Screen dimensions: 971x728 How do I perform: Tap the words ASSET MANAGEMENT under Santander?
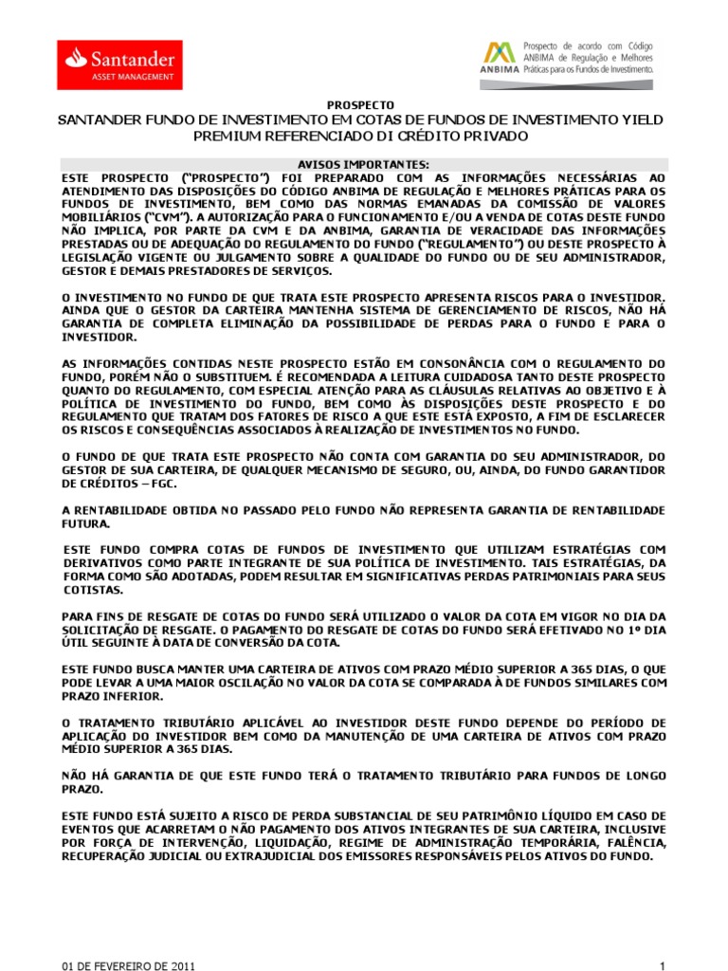coord(133,75)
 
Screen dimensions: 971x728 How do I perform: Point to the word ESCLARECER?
coord(621,417)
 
